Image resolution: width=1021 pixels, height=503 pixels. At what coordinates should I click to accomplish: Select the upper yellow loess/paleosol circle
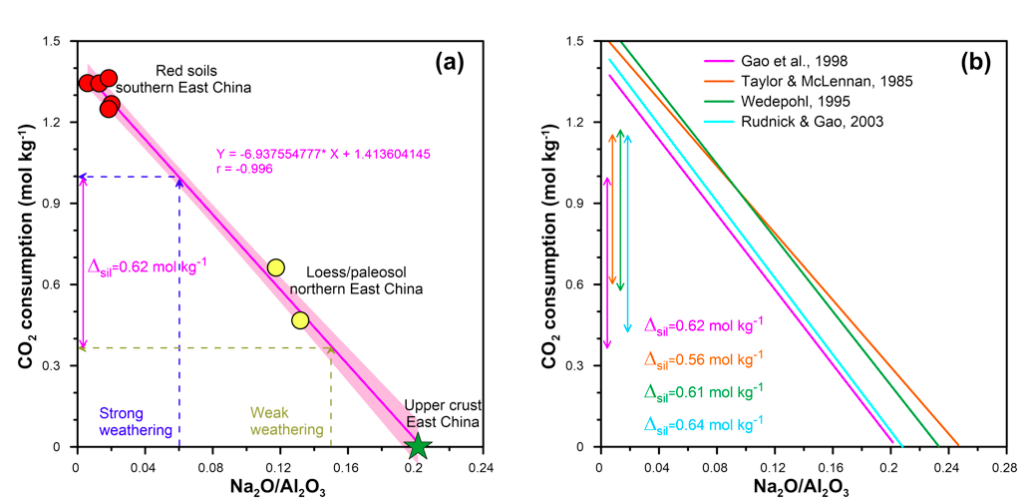(x=276, y=267)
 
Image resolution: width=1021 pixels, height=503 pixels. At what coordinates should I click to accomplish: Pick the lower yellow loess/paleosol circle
(x=300, y=320)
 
